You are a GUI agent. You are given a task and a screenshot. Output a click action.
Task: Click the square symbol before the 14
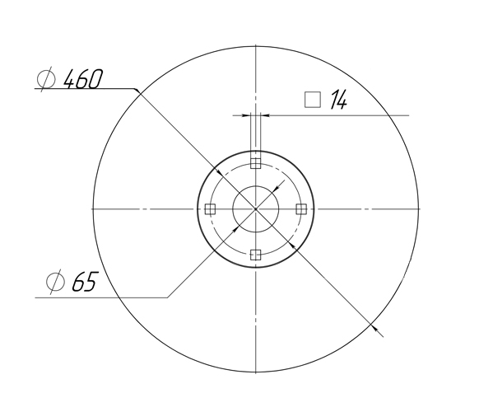pyautogui.click(x=312, y=100)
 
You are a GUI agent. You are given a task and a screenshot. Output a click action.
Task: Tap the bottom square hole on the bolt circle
pyautogui.click(x=256, y=254)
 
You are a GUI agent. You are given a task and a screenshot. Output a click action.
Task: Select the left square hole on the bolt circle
pyautogui.click(x=211, y=209)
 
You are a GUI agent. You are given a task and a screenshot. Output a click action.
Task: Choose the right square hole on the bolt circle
pyautogui.click(x=301, y=209)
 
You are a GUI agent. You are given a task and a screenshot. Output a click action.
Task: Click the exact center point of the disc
pyautogui.click(x=256, y=209)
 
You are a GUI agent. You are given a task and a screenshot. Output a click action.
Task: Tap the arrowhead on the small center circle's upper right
pyautogui.click(x=276, y=190)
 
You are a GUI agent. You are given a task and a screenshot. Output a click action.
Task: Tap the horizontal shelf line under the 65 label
pyautogui.click(x=99, y=297)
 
